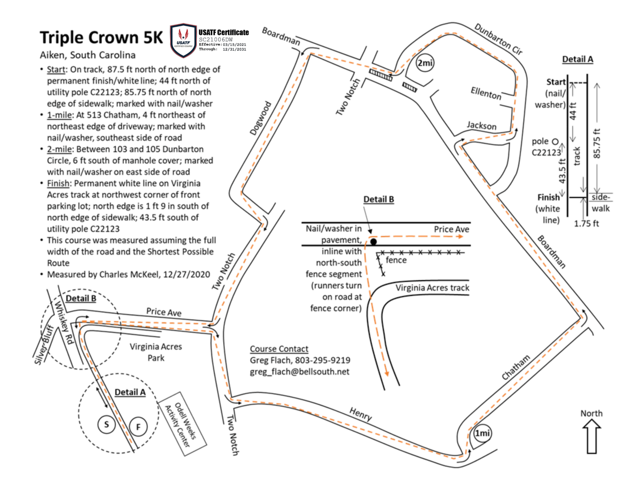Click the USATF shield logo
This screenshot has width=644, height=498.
tap(183, 40)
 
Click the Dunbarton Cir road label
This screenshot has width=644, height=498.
tap(498, 40)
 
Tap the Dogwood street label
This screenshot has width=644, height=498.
tap(260, 118)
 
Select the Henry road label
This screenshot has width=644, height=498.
tap(360, 413)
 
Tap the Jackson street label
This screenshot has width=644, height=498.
tap(482, 126)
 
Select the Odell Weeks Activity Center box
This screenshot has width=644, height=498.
tap(182, 424)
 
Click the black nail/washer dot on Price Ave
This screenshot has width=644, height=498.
tap(373, 242)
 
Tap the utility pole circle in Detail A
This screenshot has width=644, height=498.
tap(555, 142)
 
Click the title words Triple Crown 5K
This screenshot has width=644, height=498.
tap(101, 37)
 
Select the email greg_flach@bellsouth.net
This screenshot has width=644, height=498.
tap(299, 372)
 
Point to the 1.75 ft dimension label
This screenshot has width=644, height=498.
tap(586, 224)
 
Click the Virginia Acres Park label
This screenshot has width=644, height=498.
tap(156, 352)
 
